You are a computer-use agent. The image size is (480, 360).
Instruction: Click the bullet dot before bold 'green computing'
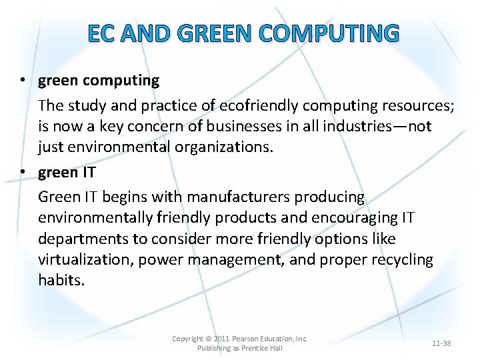[x=23, y=81]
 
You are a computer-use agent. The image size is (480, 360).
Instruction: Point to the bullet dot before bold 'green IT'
[x=23, y=172]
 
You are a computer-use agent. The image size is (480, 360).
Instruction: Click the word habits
[x=61, y=280]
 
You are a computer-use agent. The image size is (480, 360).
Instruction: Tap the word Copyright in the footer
[x=188, y=339]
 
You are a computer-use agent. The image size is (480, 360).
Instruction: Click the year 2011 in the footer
[x=223, y=339]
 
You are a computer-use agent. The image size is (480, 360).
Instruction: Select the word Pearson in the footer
[x=248, y=339]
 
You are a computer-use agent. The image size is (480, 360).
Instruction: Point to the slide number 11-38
[x=441, y=343]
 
